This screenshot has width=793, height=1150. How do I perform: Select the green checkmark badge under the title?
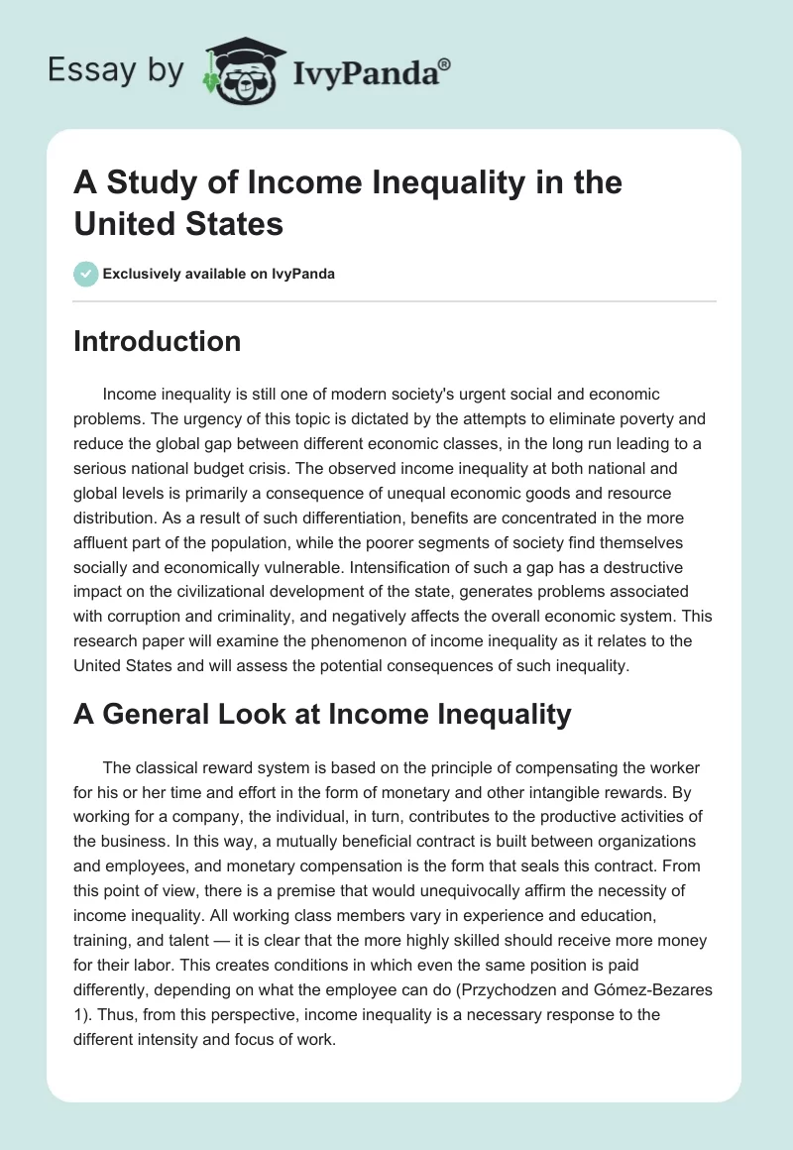point(86,274)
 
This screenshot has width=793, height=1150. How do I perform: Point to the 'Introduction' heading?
point(157,341)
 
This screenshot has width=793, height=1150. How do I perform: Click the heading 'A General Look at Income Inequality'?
point(322,714)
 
